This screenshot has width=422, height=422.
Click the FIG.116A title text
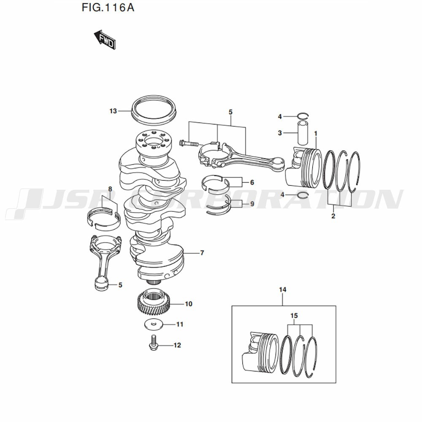108,8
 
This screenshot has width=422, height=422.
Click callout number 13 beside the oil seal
113,111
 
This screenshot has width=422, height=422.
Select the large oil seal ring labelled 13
154,111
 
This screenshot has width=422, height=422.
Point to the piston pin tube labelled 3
303,133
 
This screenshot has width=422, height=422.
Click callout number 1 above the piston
316,133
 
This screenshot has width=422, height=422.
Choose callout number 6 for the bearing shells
252,182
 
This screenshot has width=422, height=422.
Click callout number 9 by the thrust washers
252,204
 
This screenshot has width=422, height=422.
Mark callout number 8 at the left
110,189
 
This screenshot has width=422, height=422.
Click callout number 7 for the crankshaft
202,253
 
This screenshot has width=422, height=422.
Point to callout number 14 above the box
283,289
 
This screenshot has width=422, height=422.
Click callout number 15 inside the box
294,315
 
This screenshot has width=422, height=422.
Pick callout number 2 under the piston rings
333,216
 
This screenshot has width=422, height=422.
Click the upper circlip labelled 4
303,116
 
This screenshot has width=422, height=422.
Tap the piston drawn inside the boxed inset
260,353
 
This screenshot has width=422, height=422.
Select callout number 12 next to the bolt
177,345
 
